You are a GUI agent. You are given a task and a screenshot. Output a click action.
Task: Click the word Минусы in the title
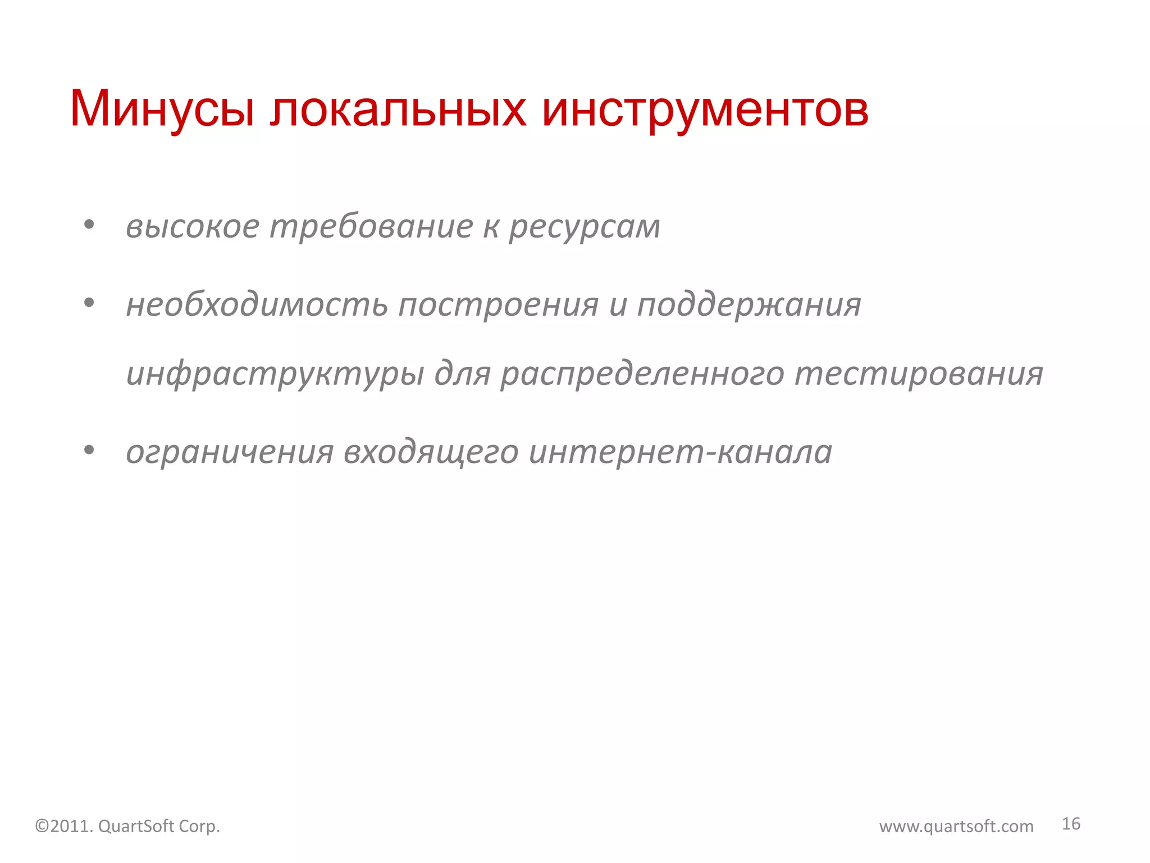(x=162, y=109)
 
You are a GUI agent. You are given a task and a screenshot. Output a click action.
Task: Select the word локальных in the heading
(x=398, y=109)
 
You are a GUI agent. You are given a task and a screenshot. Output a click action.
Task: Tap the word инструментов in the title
(x=705, y=110)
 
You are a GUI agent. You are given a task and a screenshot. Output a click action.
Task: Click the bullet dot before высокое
(x=89, y=225)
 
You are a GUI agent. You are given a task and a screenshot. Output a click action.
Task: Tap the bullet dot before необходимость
(x=89, y=303)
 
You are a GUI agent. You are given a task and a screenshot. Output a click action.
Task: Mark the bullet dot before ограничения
(x=89, y=449)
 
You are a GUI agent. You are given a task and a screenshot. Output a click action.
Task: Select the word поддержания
(x=749, y=306)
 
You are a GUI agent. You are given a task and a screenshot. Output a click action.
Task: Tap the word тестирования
(x=919, y=374)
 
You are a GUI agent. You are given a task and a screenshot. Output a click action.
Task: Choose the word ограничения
(x=230, y=452)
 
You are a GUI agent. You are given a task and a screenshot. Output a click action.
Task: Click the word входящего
(x=431, y=453)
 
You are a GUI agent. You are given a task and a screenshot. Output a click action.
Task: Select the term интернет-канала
(x=681, y=452)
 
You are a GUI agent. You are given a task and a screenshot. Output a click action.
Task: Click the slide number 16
(x=1071, y=824)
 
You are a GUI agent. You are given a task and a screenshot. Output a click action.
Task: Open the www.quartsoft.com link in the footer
(x=956, y=826)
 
